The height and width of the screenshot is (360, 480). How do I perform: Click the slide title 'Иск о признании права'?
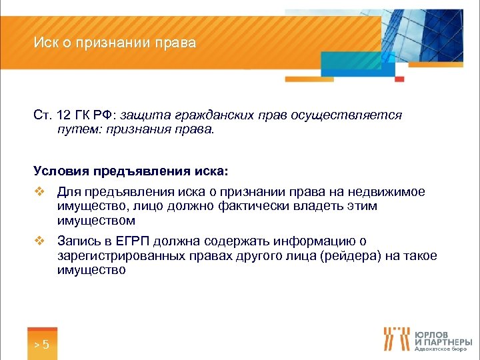point(115,44)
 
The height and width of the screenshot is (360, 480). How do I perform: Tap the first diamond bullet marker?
point(39,193)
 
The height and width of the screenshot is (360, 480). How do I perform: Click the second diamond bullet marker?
point(39,242)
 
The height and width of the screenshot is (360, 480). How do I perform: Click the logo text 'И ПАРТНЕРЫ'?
point(444,342)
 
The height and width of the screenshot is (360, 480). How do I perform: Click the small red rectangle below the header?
point(400,79)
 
